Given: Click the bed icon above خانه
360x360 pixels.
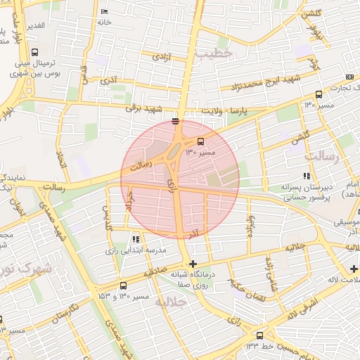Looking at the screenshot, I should pos(105,12).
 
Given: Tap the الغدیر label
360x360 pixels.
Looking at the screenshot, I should pos(34,25).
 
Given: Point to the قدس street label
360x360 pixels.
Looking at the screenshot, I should pos(85,75).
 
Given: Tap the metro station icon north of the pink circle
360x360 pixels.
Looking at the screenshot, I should pos(175,122).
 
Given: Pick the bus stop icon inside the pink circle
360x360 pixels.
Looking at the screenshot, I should pos(201,141).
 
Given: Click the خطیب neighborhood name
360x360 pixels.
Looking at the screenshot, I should pos(214,53).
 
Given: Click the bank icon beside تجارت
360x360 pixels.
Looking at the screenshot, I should pos(349,77).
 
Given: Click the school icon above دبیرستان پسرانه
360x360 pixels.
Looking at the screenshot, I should pos(306,176).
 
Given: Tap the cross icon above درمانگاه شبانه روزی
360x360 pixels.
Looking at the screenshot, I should pos(193,264).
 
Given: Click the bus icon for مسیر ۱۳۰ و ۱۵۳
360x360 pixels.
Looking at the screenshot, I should pos(123,285).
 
